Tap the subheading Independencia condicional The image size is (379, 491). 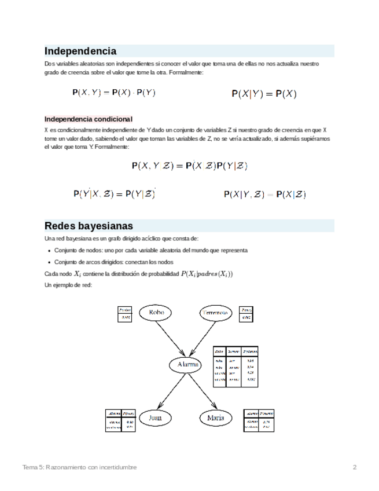pyautogui.click(x=89, y=119)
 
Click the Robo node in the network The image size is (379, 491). pyautogui.click(x=157, y=313)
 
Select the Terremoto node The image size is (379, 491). pyautogui.click(x=216, y=313)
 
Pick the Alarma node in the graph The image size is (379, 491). pyautogui.click(x=185, y=365)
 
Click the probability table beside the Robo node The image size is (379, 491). pyautogui.click(x=126, y=314)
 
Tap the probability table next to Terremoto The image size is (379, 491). pyautogui.click(x=247, y=314)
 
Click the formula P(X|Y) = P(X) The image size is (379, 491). pyautogui.click(x=264, y=93)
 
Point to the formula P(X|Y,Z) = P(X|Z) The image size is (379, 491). pyautogui.click(x=264, y=195)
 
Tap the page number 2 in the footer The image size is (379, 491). pyautogui.click(x=355, y=467)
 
